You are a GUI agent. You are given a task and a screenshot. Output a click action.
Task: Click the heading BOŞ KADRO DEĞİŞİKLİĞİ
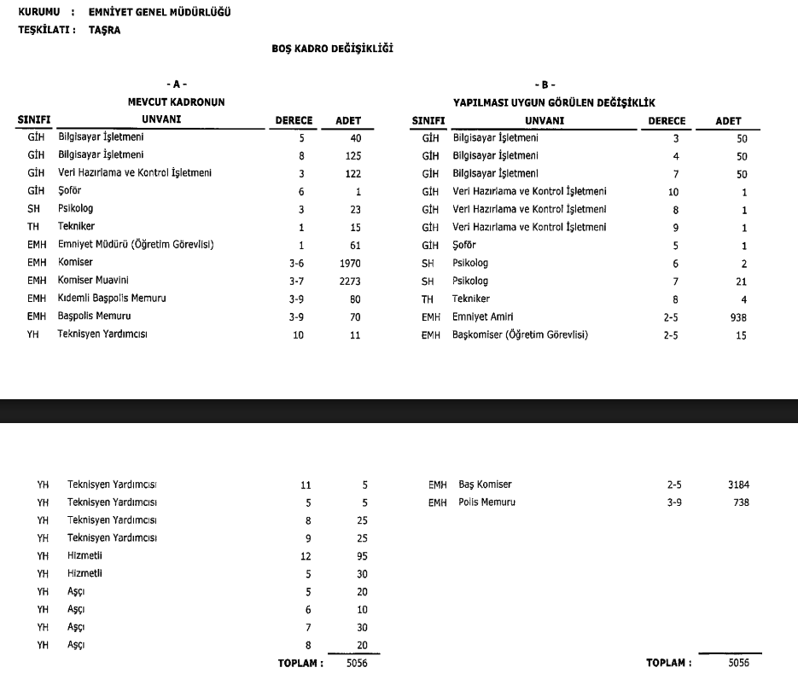(332, 49)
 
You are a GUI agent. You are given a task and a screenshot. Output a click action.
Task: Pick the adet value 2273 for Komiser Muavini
(350, 281)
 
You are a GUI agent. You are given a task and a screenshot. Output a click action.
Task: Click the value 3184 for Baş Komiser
(738, 485)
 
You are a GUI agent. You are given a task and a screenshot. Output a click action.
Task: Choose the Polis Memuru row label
(486, 502)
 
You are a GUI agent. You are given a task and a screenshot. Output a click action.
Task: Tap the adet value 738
(740, 502)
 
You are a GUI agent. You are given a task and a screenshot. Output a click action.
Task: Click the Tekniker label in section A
(76, 228)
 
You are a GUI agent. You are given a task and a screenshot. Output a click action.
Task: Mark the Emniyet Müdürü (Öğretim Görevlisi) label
(135, 246)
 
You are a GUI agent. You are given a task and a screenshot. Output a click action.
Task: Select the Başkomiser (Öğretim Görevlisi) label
(520, 335)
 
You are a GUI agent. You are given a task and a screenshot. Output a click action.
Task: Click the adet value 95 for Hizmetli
(362, 556)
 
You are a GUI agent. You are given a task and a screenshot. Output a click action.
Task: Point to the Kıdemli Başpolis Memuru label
(111, 299)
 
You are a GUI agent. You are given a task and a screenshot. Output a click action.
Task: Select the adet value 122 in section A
(352, 174)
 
